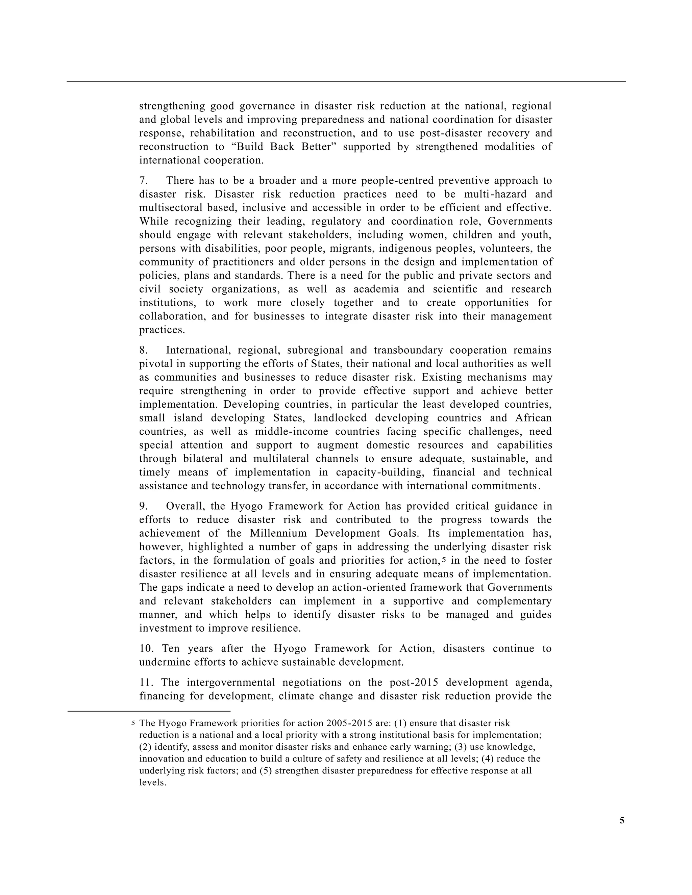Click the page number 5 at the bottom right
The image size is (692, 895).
click(x=622, y=820)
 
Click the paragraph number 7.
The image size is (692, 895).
click(x=144, y=181)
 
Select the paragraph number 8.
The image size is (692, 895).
click(x=144, y=350)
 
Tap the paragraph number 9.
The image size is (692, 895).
click(x=144, y=506)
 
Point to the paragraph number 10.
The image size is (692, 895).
click(x=146, y=649)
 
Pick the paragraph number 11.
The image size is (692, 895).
click(x=146, y=682)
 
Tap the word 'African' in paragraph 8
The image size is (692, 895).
click(x=533, y=418)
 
